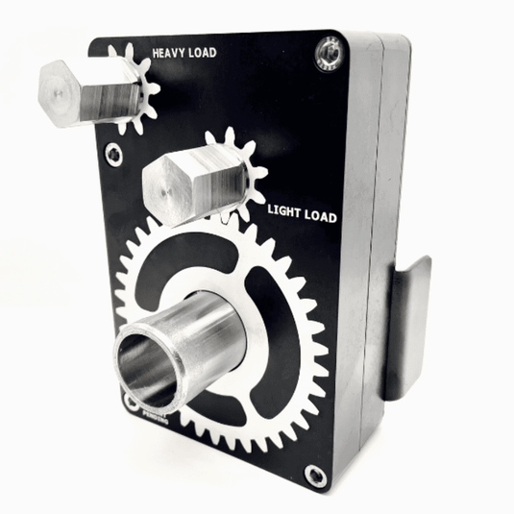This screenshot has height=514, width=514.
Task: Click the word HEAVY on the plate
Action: point(170,55)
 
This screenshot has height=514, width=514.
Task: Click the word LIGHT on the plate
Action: point(285,208)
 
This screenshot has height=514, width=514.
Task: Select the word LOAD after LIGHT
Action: point(319,216)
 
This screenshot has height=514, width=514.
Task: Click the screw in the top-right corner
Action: point(328,53)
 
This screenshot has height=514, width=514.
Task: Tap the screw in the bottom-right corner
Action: point(314,474)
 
